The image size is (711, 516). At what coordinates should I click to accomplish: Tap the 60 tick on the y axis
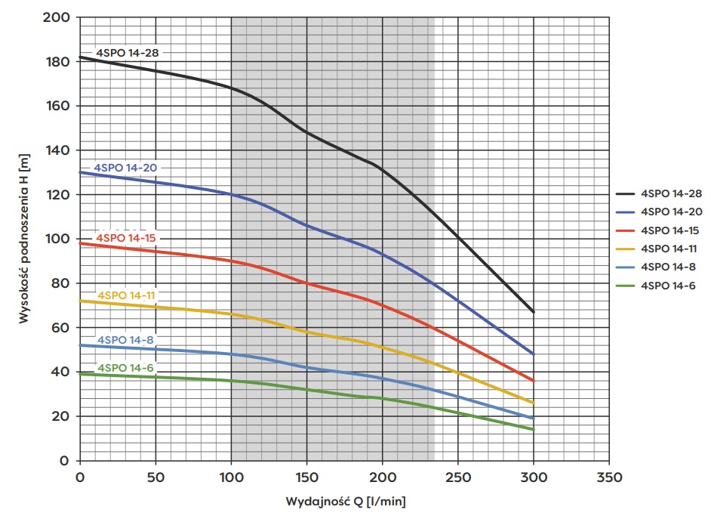pyautogui.click(x=62, y=328)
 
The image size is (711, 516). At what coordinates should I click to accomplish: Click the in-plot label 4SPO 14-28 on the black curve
pyautogui.click(x=128, y=53)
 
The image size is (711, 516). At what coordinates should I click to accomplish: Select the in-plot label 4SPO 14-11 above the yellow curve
pyautogui.click(x=127, y=295)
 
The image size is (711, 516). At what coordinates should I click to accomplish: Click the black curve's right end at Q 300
pyautogui.click(x=533, y=311)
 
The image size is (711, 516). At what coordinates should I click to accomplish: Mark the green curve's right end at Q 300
pyautogui.click(x=533, y=429)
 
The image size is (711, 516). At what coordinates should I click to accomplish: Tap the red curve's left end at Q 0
pyautogui.click(x=80, y=243)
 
